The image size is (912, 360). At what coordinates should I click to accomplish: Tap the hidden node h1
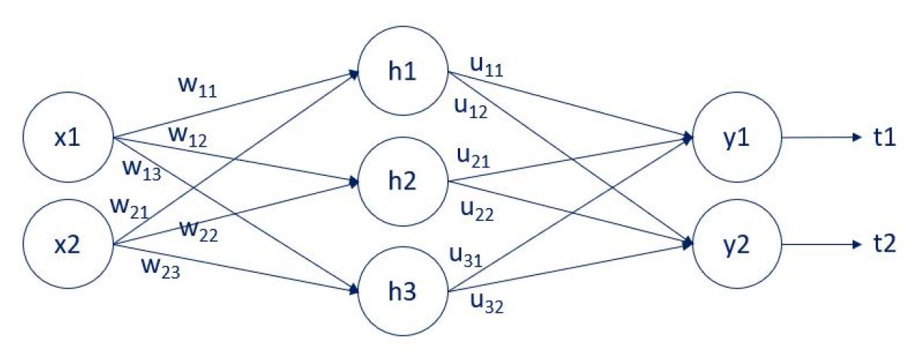pyautogui.click(x=404, y=74)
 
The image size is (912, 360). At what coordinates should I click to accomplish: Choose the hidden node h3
pyautogui.click(x=404, y=292)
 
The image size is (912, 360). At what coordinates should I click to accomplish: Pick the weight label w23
pyautogui.click(x=160, y=267)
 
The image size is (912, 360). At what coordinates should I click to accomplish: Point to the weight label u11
pyautogui.click(x=486, y=67)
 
